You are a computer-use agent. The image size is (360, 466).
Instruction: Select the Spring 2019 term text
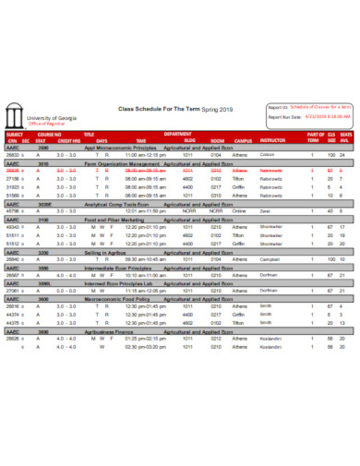click(x=220, y=108)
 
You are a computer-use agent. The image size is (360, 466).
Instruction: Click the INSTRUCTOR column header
click(x=273, y=140)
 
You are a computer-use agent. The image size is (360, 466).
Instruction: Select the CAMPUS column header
click(x=243, y=140)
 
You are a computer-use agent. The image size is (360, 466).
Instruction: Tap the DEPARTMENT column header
click(x=178, y=135)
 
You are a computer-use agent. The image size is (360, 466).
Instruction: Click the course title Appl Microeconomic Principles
click(x=120, y=148)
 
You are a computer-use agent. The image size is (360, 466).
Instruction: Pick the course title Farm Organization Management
click(x=122, y=163)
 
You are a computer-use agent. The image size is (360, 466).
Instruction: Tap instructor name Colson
click(x=268, y=155)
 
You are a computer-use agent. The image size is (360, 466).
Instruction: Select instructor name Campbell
click(x=271, y=259)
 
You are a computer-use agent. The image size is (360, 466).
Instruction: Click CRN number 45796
click(x=13, y=211)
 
